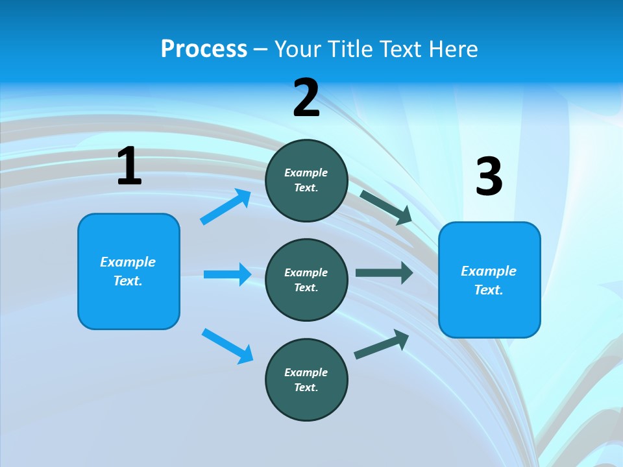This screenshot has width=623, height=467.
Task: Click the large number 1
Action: coord(129,167)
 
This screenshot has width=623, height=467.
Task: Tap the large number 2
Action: coord(306,97)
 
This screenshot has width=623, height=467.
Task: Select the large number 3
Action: coord(489,177)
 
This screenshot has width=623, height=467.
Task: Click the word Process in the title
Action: coord(204,49)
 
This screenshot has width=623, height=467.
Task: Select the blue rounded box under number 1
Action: coord(128,271)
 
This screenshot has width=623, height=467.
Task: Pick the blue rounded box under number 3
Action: coord(489,280)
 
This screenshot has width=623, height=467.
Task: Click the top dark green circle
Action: coord(306,180)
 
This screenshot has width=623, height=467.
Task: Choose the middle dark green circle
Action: coord(306,280)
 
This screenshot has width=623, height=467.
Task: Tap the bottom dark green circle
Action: coord(306,379)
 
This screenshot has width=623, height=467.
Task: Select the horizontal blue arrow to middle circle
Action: coord(228,274)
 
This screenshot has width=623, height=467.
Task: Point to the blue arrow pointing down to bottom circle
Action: coord(228,346)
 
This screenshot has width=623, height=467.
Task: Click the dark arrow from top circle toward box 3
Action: coord(386,207)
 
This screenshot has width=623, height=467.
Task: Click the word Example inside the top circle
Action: coord(306,173)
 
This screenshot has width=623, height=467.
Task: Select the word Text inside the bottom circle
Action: coord(306,387)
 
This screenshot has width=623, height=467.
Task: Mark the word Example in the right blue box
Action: coord(489,271)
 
